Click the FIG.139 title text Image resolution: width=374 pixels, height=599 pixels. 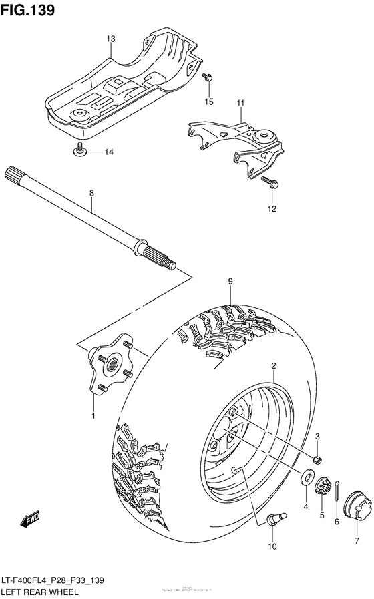(27, 11)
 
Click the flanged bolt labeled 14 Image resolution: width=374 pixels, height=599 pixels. (79, 151)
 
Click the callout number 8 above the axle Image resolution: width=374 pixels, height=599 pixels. (92, 193)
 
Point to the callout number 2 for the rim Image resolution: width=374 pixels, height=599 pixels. (274, 365)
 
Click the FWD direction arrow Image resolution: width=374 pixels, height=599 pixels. (30, 518)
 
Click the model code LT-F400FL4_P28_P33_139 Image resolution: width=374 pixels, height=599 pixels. (55, 581)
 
